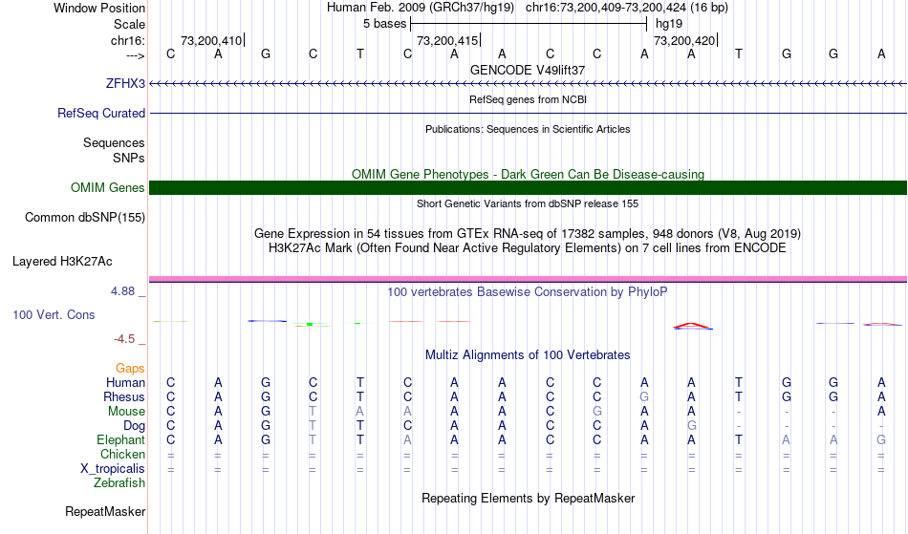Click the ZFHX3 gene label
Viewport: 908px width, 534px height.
125,83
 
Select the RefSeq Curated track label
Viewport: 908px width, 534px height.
101,113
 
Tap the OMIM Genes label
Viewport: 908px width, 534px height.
108,187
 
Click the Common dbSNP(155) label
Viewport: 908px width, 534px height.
85,217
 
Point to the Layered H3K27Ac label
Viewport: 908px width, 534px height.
62,261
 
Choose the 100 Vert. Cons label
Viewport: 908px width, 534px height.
54,314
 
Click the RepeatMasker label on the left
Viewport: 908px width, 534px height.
105,511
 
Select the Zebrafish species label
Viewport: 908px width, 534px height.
119,482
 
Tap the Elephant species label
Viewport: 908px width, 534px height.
121,439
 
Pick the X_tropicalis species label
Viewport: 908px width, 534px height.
113,469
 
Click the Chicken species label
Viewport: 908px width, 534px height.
122,454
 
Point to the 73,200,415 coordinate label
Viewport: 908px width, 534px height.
447,40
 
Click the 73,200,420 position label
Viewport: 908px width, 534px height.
684,40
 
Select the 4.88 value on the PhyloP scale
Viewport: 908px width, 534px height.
122,291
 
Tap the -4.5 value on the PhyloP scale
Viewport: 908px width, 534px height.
124,338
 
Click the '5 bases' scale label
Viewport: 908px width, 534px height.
384,24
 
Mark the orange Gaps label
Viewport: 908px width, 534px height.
130,368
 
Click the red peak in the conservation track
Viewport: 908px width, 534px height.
692,325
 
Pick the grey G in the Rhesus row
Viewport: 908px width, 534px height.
644,396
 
